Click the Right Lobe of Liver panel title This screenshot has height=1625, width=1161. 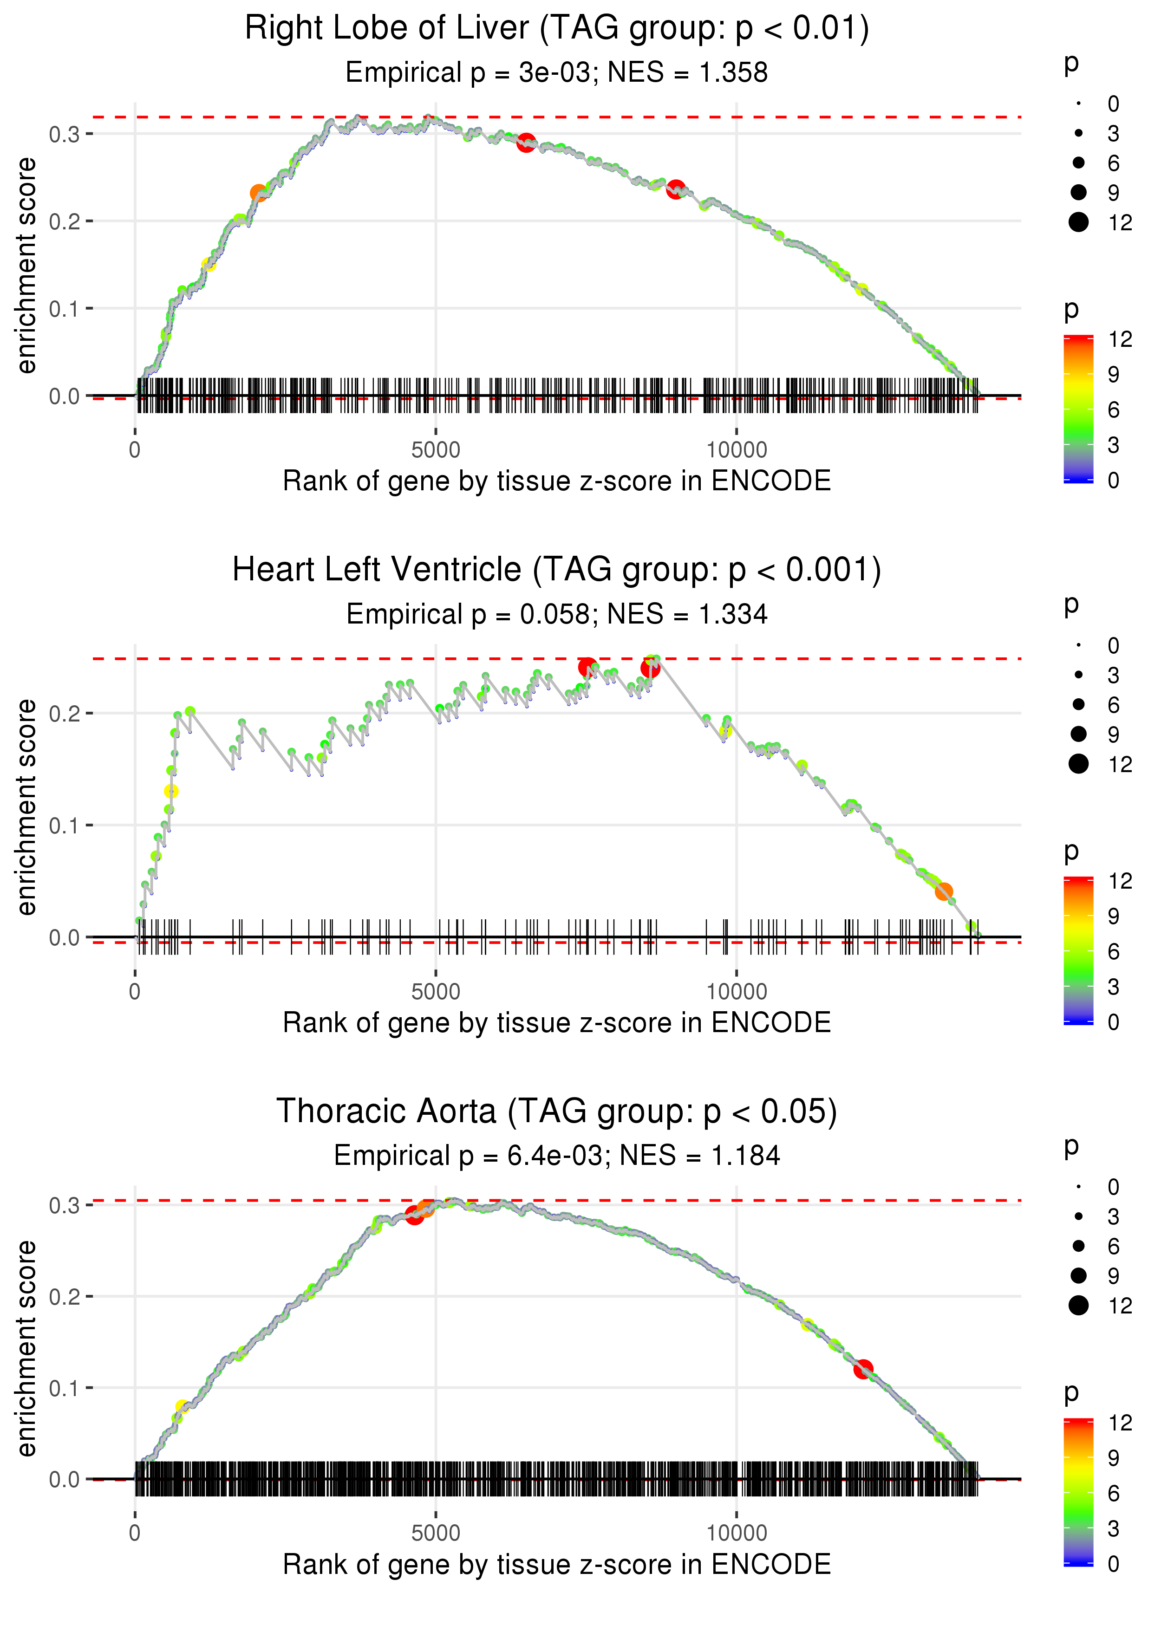point(557,29)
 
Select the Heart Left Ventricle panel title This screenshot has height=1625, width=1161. point(557,570)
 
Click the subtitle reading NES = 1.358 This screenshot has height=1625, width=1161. point(687,73)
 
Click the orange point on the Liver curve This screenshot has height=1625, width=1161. point(258,193)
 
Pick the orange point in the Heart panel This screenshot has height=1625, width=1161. point(944,891)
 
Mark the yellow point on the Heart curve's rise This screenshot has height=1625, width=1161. point(171,791)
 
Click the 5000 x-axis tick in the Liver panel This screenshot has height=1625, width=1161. point(436,451)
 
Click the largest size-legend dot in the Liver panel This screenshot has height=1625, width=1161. point(1078,222)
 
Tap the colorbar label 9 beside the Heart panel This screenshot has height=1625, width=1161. point(1113,916)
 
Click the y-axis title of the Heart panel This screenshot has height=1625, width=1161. point(26,807)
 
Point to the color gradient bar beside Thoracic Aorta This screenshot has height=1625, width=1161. point(1078,1491)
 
